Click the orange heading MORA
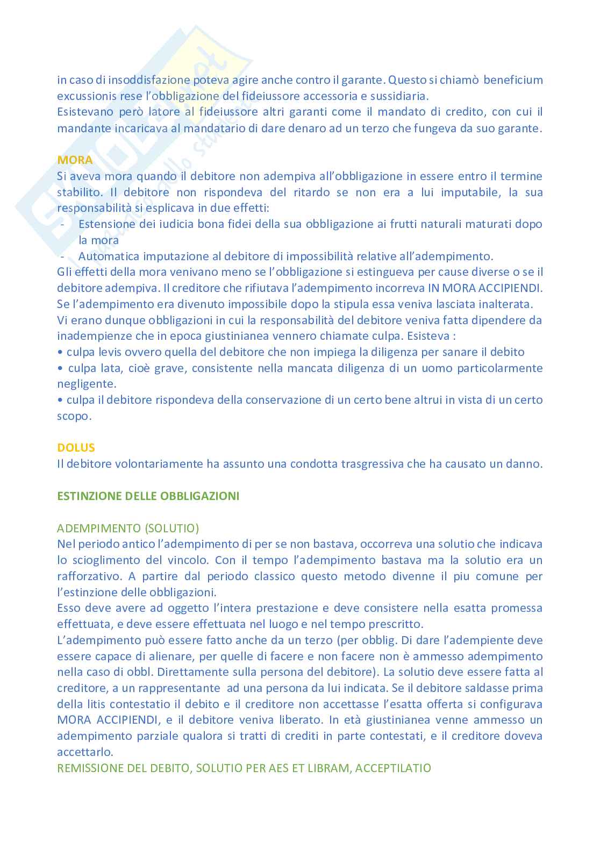[x=75, y=160]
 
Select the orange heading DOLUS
[x=76, y=447]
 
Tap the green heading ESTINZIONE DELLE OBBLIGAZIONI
[x=148, y=496]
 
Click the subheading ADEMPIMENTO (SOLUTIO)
[x=128, y=528]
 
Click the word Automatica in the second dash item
[x=108, y=256]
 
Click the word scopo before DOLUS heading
[x=74, y=416]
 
